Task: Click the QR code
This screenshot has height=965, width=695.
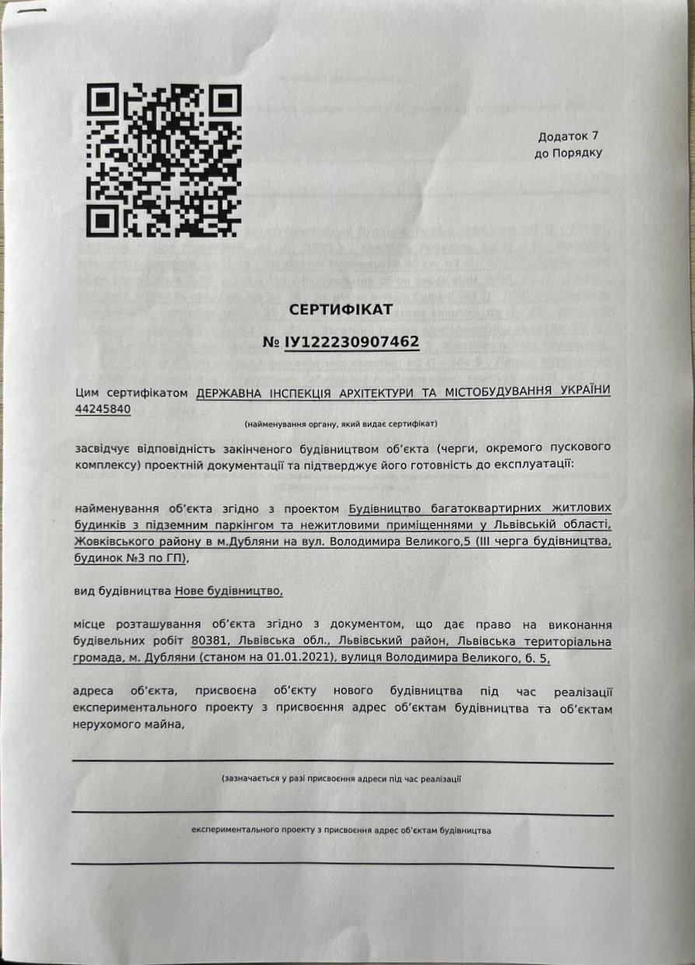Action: pyautogui.click(x=163, y=159)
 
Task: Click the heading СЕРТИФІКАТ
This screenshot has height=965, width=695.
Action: pyautogui.click(x=341, y=309)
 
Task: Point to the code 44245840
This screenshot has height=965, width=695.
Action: pyautogui.click(x=102, y=408)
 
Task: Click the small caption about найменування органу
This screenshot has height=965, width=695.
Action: pyautogui.click(x=341, y=424)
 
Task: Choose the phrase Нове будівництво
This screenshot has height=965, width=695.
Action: pyautogui.click(x=229, y=591)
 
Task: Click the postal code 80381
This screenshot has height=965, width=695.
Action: pyautogui.click(x=210, y=642)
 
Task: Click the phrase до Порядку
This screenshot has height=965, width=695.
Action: pyautogui.click(x=568, y=154)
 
